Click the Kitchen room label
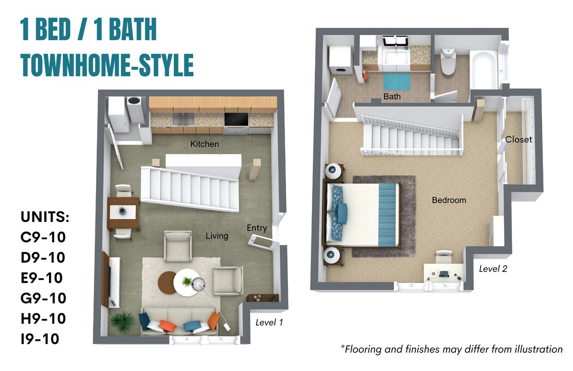[x=204, y=144]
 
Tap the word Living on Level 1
[x=217, y=236]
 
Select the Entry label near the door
[x=256, y=228]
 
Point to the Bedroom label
[x=449, y=200]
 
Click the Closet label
[x=518, y=139]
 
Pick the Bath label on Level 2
[x=392, y=97]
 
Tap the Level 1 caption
[x=269, y=322]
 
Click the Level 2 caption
[x=493, y=269]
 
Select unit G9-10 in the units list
[x=43, y=298]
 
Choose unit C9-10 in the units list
[x=43, y=237]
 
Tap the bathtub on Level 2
[x=484, y=69]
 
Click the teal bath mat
[x=397, y=82]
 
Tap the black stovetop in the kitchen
[x=236, y=119]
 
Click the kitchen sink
[x=183, y=119]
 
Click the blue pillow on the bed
[x=342, y=212]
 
